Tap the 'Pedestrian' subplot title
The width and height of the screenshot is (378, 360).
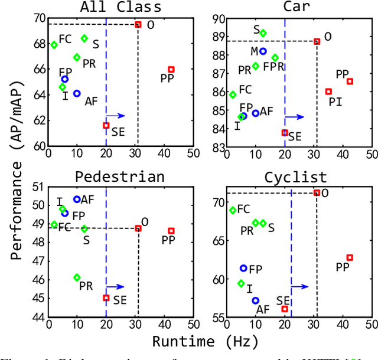pyautogui.click(x=120, y=178)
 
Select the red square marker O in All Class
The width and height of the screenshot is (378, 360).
pyautogui.click(x=138, y=24)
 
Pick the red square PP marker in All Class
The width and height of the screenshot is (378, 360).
pyautogui.click(x=171, y=70)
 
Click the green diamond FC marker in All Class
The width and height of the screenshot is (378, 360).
pyautogui.click(x=54, y=45)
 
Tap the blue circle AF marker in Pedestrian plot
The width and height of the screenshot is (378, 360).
pyautogui.click(x=77, y=199)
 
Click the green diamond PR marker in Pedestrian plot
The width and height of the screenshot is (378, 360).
pyautogui.click(x=77, y=277)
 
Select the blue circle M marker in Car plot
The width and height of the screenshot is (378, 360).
pyautogui.click(x=263, y=51)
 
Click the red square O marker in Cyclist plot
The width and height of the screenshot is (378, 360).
pyautogui.click(x=317, y=193)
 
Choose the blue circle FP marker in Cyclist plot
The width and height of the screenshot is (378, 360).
pyautogui.click(x=243, y=268)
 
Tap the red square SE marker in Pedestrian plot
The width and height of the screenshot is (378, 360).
pyautogui.click(x=106, y=298)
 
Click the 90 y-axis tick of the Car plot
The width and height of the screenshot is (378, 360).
pyautogui.click(x=218, y=19)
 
